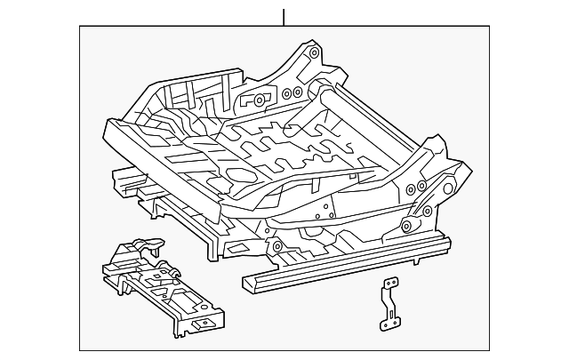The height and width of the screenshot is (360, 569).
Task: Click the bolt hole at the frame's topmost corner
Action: pos(315,53)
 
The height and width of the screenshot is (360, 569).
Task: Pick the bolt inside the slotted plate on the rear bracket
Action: pos(259,100)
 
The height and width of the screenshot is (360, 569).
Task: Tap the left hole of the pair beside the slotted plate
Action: pos(285,92)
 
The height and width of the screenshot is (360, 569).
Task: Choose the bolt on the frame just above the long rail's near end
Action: pos(276,246)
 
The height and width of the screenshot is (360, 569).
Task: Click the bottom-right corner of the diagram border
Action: pos(488,350)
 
